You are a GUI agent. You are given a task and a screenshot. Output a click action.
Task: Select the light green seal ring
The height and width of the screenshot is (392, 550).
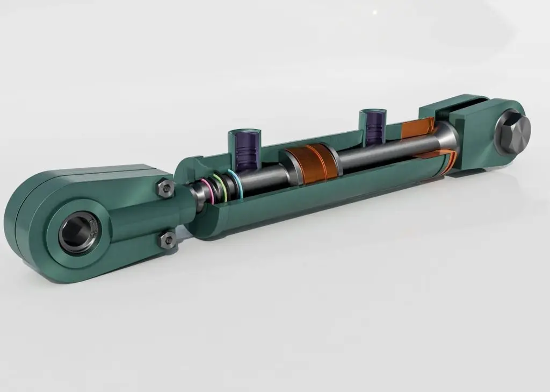pyautogui.click(x=219, y=186)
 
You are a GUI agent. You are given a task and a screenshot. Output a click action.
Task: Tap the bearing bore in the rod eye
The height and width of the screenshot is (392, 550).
pyautogui.click(x=77, y=232)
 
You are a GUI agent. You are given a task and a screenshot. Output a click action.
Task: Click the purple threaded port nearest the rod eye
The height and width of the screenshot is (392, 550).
pyautogui.click(x=244, y=148)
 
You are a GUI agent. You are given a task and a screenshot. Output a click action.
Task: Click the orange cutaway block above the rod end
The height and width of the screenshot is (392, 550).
pyautogui.click(x=416, y=127)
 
